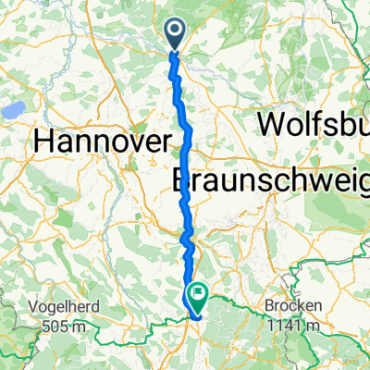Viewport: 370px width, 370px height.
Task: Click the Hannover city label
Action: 102,142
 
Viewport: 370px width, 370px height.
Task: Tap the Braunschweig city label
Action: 272,180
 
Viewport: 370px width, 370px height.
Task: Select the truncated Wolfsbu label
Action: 314,123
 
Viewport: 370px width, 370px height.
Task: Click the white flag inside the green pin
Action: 197,292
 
